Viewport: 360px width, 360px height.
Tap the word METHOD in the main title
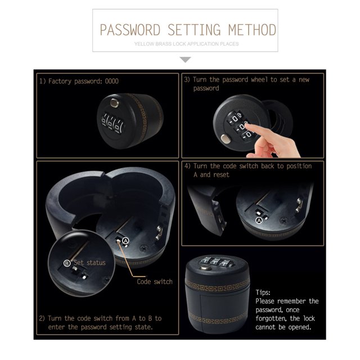[x=251, y=29]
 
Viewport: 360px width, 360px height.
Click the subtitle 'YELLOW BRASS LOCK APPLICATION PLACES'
[x=187, y=43]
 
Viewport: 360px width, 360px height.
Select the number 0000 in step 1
[x=112, y=81]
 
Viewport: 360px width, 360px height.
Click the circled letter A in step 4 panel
[x=259, y=221]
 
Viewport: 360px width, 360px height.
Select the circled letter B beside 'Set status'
[x=67, y=263]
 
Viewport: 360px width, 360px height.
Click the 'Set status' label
[x=89, y=263]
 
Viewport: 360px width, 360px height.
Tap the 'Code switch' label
[x=155, y=281]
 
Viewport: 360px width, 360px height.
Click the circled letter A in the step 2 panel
[x=126, y=240]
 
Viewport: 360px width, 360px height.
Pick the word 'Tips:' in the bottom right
[x=263, y=292]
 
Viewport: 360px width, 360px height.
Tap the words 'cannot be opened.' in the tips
[x=283, y=326]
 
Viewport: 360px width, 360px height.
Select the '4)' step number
[x=187, y=166]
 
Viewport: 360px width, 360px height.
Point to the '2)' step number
[x=42, y=318]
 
